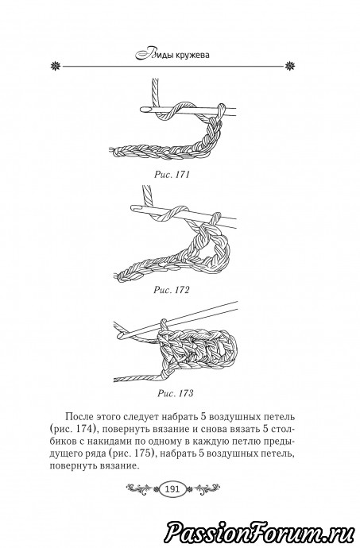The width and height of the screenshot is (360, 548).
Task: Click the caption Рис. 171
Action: click(172, 175)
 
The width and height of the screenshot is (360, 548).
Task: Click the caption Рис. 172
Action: click(172, 290)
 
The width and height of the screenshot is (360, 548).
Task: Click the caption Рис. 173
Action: click(176, 393)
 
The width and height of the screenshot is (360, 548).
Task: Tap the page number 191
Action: click(173, 488)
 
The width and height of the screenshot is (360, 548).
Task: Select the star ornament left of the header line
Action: click(56, 66)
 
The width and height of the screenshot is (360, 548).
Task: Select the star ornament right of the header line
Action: click(290, 66)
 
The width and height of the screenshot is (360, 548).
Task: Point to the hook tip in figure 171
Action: click(141, 109)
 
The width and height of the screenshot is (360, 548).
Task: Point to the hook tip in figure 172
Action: click(133, 207)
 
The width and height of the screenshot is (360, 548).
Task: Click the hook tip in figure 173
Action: click(119, 337)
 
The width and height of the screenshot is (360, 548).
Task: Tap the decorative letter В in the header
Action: click(143, 55)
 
